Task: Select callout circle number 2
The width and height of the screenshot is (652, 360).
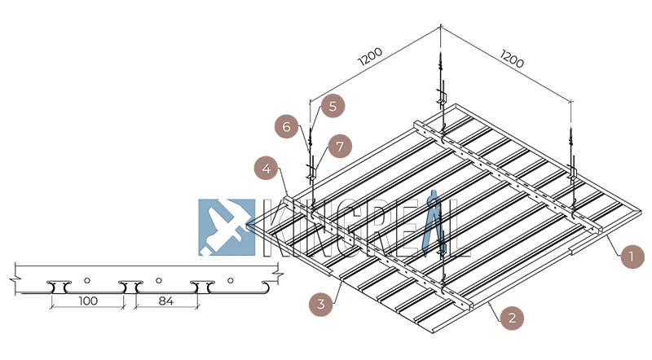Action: [x=511, y=317]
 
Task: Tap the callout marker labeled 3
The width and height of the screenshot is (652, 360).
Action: [x=322, y=305]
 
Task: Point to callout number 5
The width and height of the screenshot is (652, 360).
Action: [x=333, y=105]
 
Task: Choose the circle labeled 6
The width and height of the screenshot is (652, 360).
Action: [x=287, y=127]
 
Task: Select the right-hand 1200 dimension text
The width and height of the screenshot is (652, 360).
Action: [x=511, y=59]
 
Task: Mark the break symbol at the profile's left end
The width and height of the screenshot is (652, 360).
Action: [x=14, y=282]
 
